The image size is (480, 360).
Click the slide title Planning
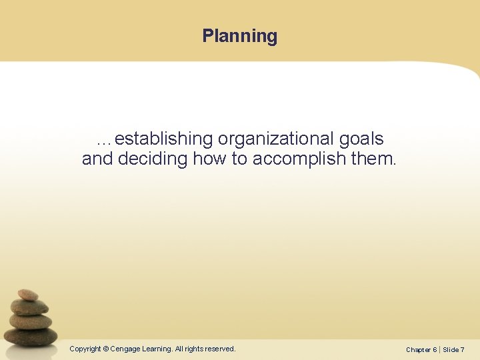[x=240, y=35]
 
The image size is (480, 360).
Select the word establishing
[x=164, y=139]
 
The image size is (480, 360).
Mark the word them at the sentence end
[x=376, y=159]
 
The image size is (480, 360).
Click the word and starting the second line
[x=97, y=159]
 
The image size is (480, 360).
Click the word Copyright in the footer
[x=85, y=349]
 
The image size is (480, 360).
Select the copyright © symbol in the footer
[x=106, y=349]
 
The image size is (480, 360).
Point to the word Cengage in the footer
[x=125, y=349]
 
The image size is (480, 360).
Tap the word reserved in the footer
[x=219, y=349]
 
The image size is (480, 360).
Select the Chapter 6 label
[x=421, y=349]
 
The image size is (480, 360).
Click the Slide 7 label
[x=454, y=349]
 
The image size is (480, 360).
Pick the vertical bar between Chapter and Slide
[x=440, y=349]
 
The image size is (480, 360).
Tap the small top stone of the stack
[x=28, y=294]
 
